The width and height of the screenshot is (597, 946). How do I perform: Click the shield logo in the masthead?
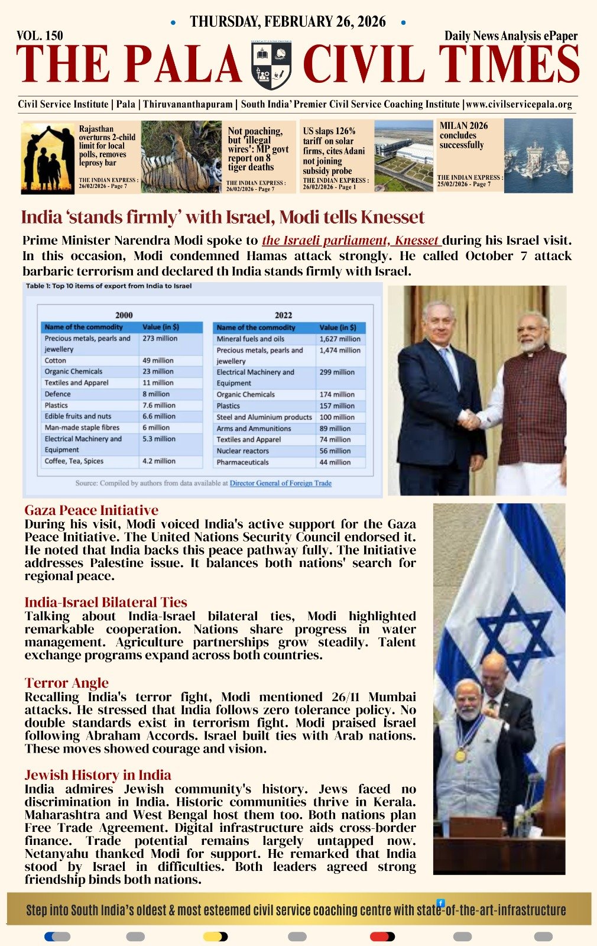(x=271, y=66)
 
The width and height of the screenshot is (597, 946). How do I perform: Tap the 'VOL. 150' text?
(x=40, y=35)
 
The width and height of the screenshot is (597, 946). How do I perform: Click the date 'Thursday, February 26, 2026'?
(x=287, y=22)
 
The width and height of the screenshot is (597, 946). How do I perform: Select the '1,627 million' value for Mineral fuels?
(x=340, y=339)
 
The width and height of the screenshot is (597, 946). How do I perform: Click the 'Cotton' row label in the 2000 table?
(x=56, y=360)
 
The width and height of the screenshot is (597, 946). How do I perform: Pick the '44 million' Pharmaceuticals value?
(x=335, y=462)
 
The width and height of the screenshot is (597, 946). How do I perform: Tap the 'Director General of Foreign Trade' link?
(x=280, y=483)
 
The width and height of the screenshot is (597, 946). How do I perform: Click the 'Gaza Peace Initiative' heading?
(x=92, y=510)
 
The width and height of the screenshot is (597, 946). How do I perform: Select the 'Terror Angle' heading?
(x=67, y=683)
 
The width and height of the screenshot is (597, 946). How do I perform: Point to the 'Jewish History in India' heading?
(x=98, y=775)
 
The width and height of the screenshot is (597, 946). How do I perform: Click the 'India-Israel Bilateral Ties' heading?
(x=106, y=602)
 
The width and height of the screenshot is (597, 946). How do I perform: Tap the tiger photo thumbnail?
(x=180, y=157)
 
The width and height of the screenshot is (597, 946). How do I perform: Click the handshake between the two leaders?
(x=471, y=419)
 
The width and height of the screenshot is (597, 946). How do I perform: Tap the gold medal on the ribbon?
(x=460, y=755)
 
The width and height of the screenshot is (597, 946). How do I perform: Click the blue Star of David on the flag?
(x=514, y=636)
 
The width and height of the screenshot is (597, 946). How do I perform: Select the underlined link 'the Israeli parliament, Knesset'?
(x=351, y=241)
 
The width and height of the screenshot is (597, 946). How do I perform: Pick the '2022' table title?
(x=283, y=315)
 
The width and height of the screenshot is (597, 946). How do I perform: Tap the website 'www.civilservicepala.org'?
(x=519, y=105)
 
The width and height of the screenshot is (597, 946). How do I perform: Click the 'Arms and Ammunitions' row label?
(x=254, y=429)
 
